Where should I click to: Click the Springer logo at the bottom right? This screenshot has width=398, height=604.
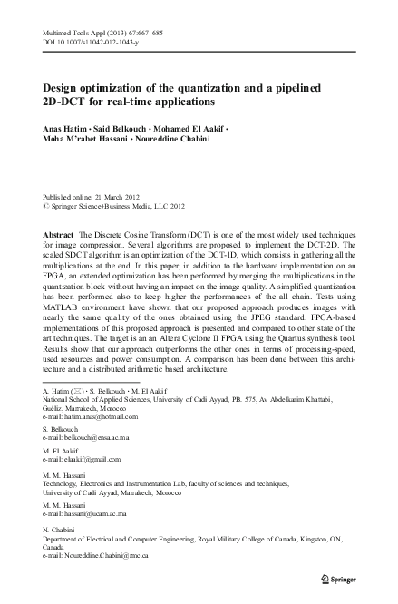tap(342, 577)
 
